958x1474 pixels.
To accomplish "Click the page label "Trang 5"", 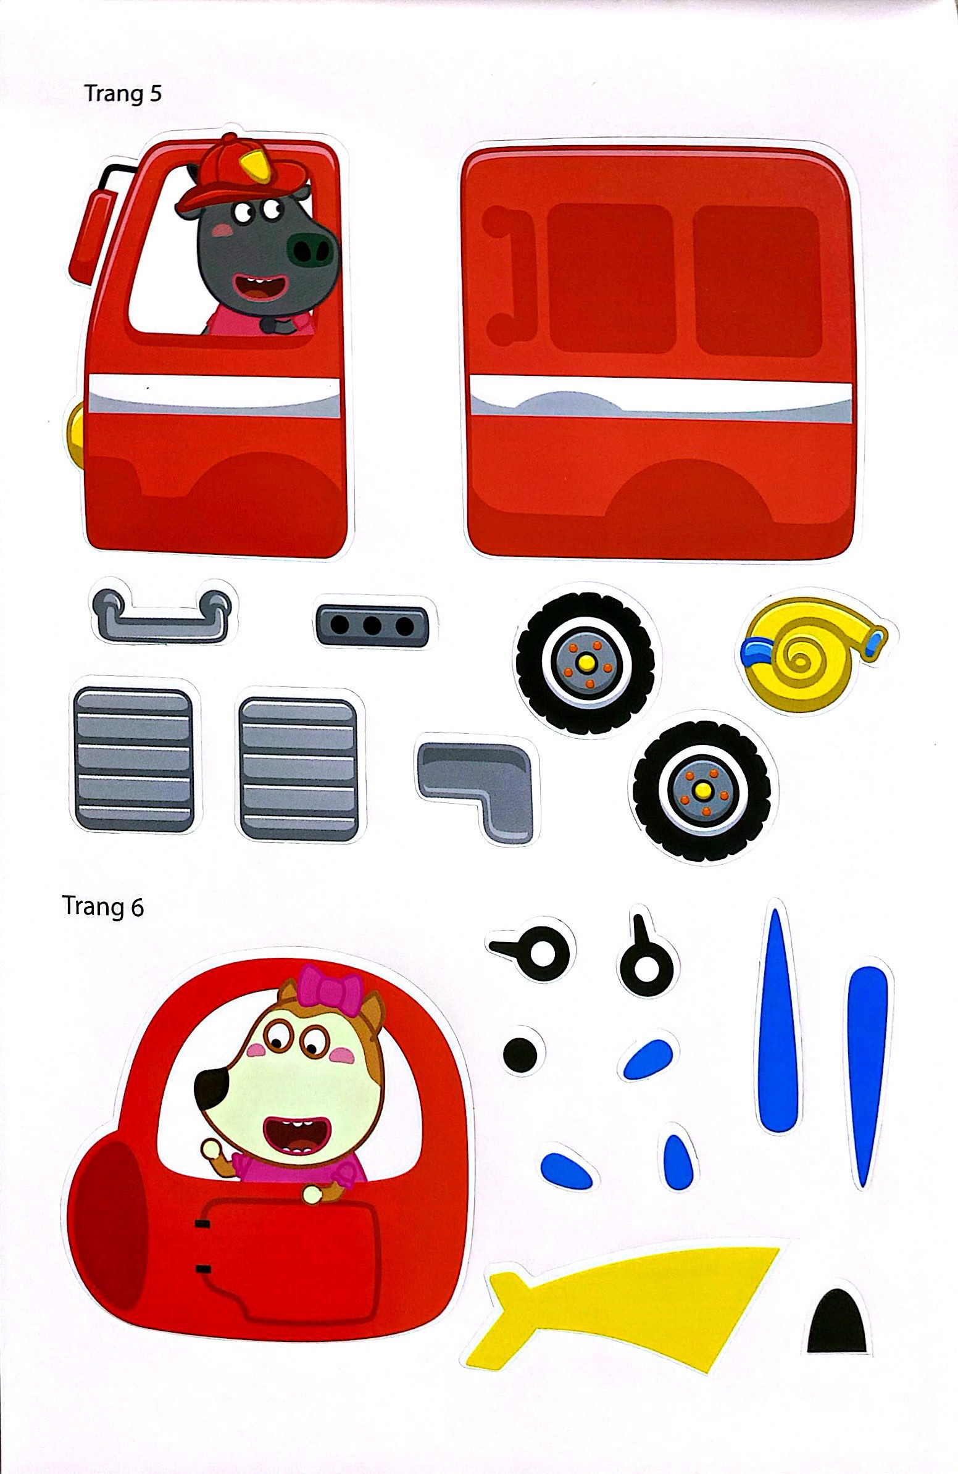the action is click(123, 94).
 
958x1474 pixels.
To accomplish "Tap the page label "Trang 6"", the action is click(103, 906).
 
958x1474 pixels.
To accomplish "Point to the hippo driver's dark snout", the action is click(312, 248).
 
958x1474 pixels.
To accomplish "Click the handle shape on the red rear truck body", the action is click(511, 275).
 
